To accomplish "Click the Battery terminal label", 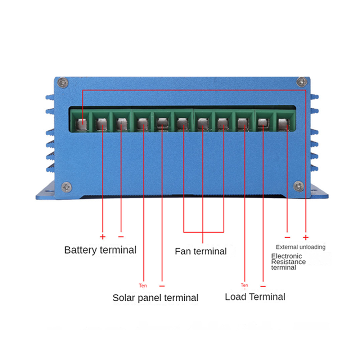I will pos(100,249).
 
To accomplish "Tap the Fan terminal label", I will pos(201,251).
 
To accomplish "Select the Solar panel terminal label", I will pos(155,298).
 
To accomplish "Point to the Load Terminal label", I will pos(255,297).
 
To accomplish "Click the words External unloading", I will pos(301,247).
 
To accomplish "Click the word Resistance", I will pos(288,262).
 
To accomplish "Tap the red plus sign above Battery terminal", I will pos(103,237).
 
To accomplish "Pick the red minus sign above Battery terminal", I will pos(121,237).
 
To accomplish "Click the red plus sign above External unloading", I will pos(306,237).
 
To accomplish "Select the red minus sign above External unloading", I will pos(287,237).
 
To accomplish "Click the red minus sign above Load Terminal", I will pos(263,286).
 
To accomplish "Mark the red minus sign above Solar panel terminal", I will pos(162,286).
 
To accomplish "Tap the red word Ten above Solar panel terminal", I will pos(143,286).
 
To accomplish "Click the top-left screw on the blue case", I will pos(64,82).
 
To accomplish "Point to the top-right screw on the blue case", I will pos(301,82).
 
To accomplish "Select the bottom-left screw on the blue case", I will pos(66,187).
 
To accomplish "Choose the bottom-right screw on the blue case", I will pos(298,186).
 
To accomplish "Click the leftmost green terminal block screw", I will pos(82,123).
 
